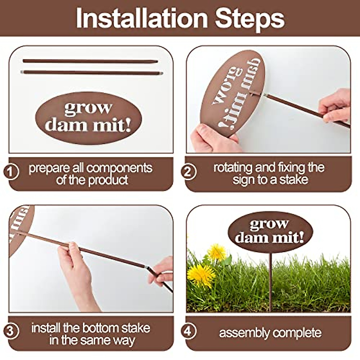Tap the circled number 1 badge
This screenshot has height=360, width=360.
(11, 172)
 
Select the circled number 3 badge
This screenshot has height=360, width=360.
(11, 331)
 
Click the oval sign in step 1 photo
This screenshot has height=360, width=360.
(88, 118)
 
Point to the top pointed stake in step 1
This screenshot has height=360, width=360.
(90, 61)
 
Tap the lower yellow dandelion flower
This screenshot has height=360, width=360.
(201, 274)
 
